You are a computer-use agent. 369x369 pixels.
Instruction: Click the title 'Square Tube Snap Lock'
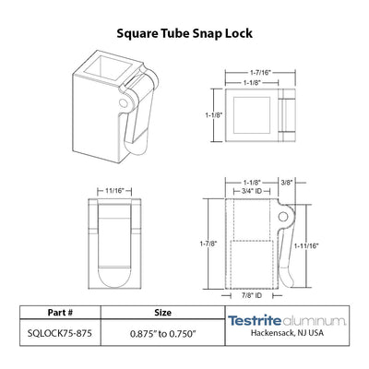184,33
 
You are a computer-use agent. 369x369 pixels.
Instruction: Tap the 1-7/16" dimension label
260,73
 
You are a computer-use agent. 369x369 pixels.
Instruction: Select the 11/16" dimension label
114,191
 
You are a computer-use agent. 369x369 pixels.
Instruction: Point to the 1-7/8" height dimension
208,244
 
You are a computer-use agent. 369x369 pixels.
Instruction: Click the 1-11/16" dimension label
306,245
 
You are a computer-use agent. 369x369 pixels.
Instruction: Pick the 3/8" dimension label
286,183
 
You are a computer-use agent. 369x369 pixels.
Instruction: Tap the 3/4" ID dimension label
252,191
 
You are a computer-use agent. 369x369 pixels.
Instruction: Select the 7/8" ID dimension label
252,295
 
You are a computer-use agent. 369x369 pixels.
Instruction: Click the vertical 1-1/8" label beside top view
213,115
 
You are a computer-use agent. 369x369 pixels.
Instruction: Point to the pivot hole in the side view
283,217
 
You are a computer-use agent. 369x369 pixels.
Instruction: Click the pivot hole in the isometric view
124,102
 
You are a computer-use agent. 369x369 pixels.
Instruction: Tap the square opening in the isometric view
109,70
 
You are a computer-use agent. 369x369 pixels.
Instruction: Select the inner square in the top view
252,115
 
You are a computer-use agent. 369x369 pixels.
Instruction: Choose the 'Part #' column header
60,313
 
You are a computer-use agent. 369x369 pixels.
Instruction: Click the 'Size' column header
163,313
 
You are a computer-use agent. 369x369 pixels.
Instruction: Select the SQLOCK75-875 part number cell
60,333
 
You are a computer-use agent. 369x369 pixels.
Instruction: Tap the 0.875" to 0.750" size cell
163,333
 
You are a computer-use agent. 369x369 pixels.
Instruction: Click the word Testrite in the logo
255,320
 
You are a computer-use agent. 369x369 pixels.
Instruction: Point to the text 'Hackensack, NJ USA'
287,333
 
